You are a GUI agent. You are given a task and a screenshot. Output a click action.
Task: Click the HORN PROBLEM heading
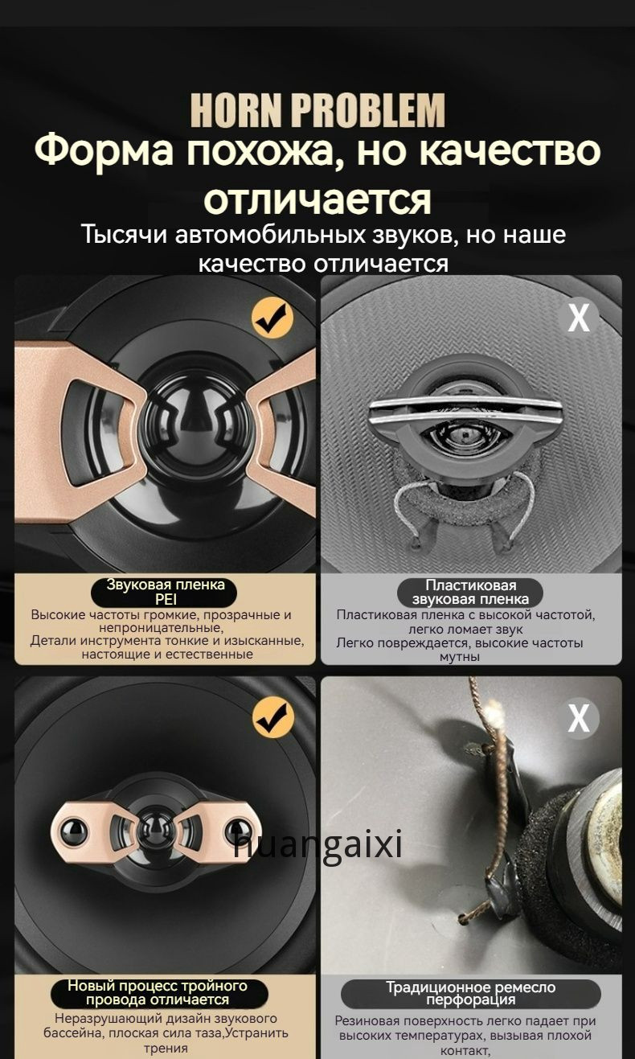(317, 109)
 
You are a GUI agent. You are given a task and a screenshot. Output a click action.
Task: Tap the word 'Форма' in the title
(104, 152)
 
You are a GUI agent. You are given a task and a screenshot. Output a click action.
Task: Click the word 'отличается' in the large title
(317, 199)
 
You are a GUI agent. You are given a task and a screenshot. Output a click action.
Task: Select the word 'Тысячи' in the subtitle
(125, 235)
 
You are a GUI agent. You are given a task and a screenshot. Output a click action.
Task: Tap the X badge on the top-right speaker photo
(578, 318)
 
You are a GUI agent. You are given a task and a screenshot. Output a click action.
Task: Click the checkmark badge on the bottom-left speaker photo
(273, 718)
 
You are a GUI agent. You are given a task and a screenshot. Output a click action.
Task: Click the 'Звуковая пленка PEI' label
(165, 592)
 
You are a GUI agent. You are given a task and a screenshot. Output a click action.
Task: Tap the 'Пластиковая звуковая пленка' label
(470, 593)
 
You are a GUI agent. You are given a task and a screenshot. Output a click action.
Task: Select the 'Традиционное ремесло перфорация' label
(470, 994)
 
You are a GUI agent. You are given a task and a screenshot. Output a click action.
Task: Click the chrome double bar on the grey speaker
(465, 410)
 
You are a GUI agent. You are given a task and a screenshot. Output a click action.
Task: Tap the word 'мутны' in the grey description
(459, 657)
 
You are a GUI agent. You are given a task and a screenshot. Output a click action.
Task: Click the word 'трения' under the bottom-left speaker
(166, 1048)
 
